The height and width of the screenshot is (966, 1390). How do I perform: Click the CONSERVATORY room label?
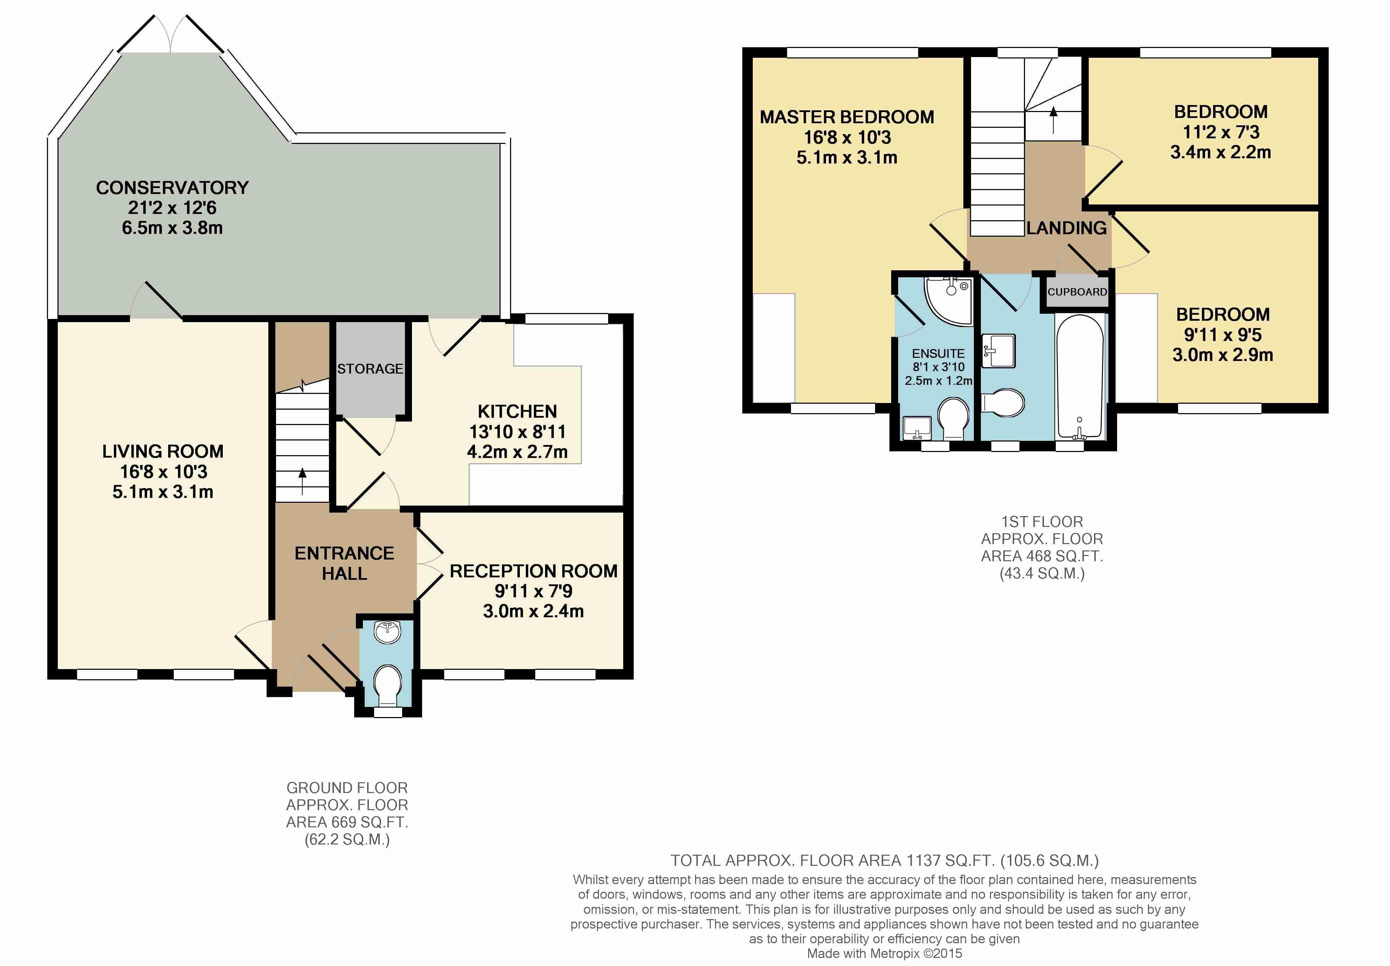[173, 188]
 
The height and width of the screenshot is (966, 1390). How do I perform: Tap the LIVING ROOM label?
[163, 452]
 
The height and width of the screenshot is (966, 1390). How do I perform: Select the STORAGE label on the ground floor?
[370, 369]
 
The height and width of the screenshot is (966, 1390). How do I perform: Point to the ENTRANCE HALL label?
[344, 563]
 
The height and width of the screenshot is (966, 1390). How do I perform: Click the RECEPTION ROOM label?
[534, 571]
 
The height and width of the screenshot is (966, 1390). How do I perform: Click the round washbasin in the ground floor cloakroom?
[387, 631]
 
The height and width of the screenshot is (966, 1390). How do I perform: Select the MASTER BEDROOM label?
[847, 117]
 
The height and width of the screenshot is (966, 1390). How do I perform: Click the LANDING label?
[1067, 228]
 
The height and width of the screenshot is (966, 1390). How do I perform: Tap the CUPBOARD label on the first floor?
[1078, 292]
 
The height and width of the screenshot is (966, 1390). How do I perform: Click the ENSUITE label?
[938, 354]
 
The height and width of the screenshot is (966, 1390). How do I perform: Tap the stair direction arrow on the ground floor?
[302, 481]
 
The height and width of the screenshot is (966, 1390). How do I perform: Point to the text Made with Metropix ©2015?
[885, 954]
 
